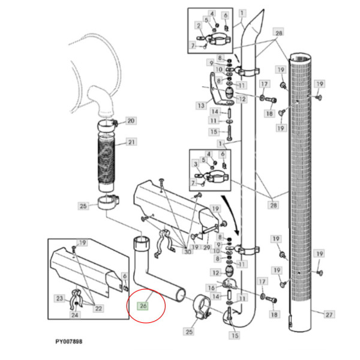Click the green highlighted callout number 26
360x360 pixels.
point(143,307)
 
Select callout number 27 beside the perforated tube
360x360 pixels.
point(328,314)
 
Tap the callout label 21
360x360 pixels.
point(131,143)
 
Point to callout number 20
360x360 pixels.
point(131,121)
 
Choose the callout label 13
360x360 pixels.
point(200,106)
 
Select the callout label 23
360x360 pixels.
point(59,298)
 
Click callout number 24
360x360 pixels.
point(74,315)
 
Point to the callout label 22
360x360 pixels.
point(98,308)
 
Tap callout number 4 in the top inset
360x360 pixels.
point(212,13)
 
